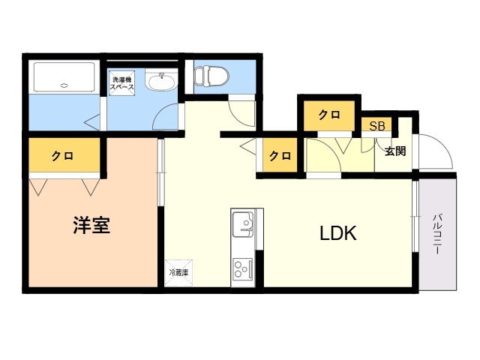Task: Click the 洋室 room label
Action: pos(91,225)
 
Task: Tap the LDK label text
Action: pos(338,233)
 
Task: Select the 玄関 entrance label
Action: pos(395,151)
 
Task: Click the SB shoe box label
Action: pos(376,126)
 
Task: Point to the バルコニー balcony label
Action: pos(436,234)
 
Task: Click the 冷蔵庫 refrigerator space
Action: pos(178,273)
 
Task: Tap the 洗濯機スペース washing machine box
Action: pos(122,83)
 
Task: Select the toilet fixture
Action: pos(211,75)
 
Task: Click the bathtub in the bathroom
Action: pos(64,77)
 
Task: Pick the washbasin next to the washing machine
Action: pos(161,80)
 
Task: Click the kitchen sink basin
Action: pos(243,224)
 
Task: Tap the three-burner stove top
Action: pos(243,268)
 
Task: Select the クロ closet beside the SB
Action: pos(329,115)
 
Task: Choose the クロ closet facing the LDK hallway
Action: pos(280,155)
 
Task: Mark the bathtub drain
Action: pos(64,85)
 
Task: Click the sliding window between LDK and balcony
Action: pos(415,217)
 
